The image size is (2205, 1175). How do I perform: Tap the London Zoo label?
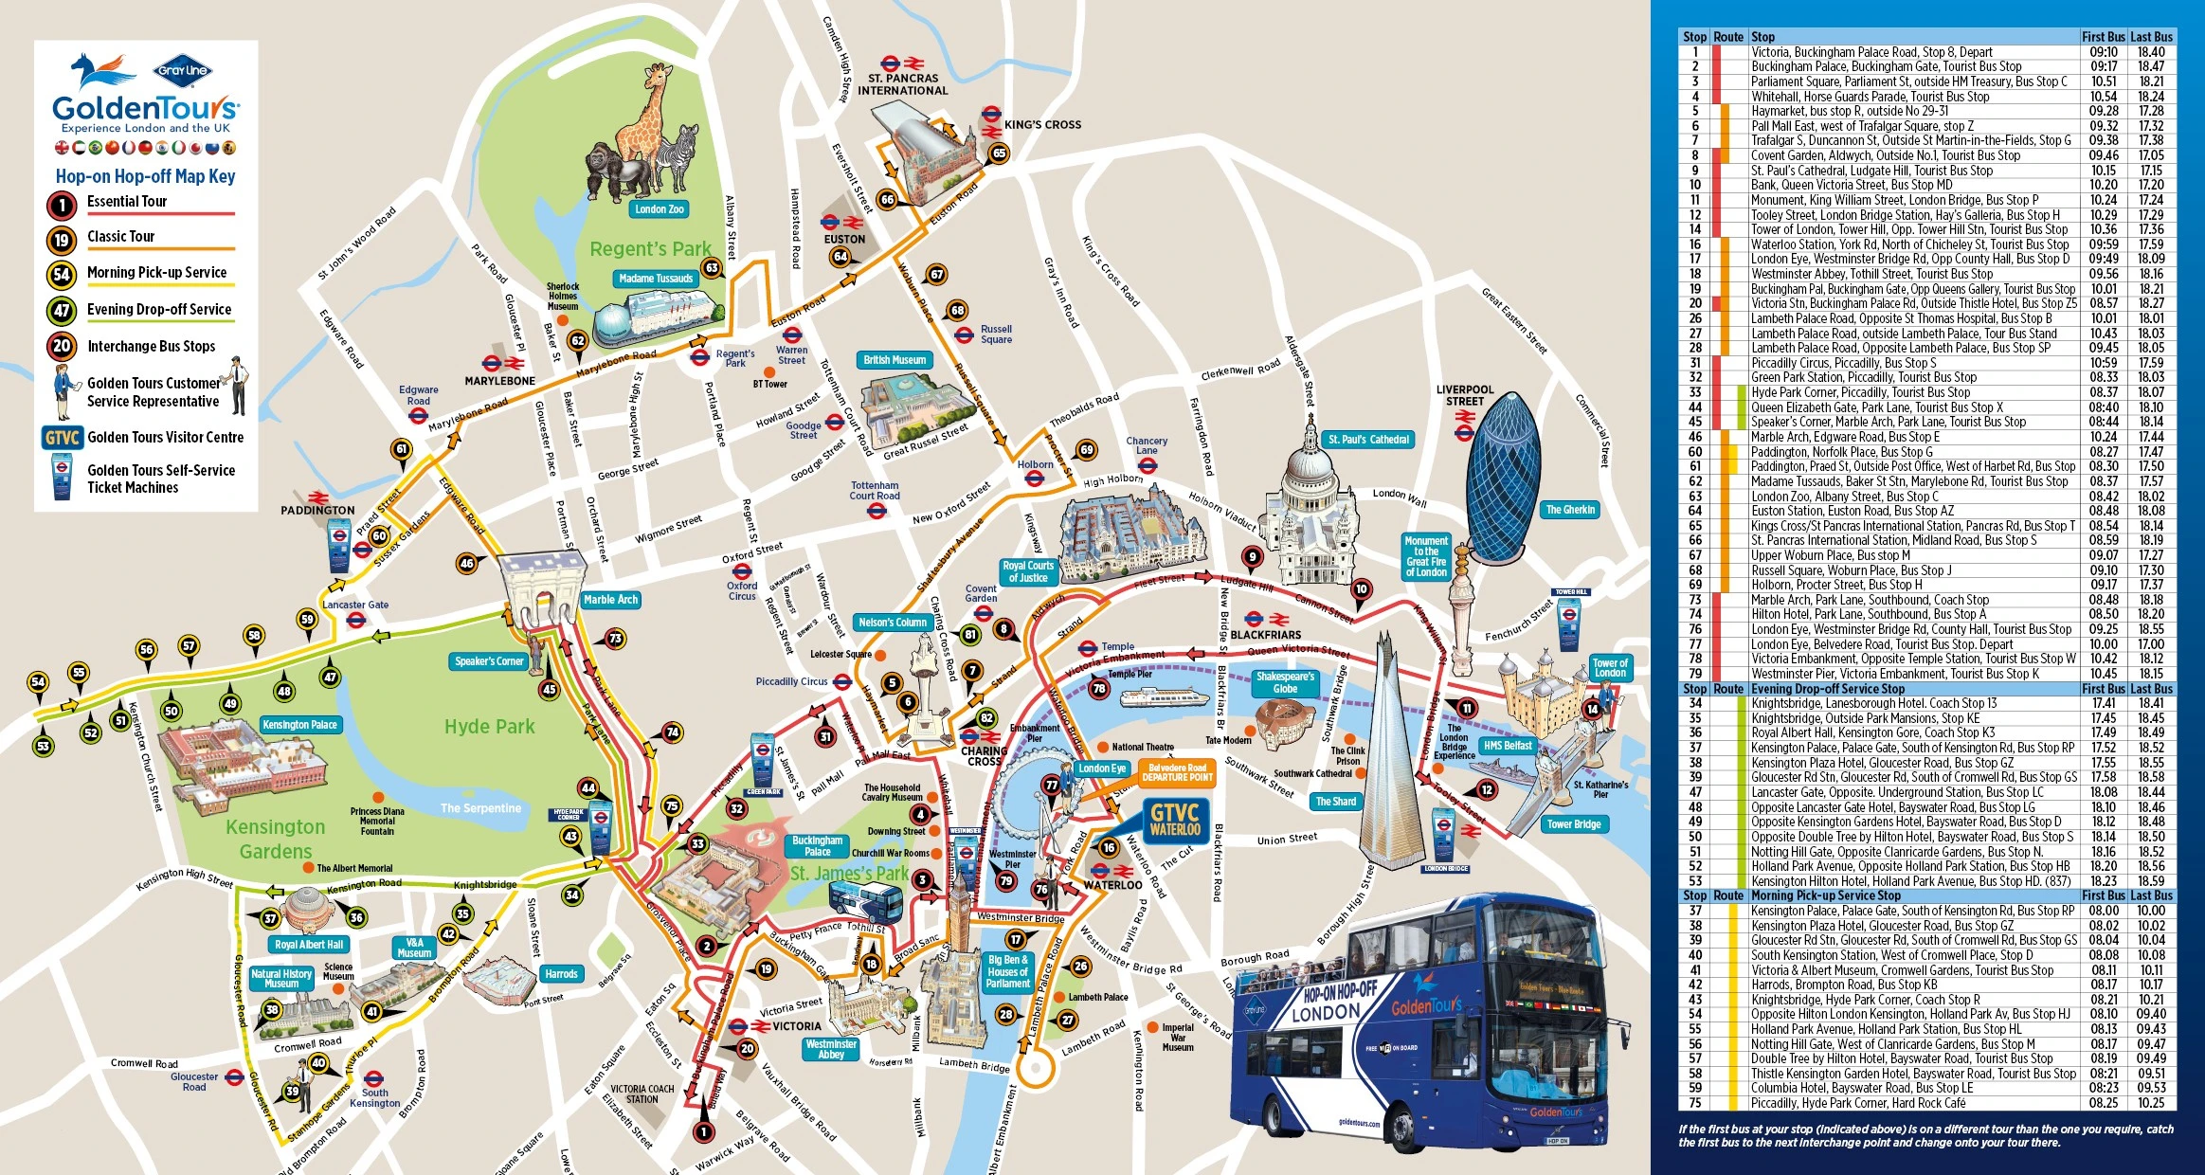659,209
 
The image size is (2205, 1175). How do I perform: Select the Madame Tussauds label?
656,279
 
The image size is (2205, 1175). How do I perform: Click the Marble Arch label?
610,600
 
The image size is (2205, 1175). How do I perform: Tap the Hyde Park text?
490,727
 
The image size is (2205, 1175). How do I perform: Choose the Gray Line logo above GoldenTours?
183,70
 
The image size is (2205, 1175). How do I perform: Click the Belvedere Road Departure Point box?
1177,772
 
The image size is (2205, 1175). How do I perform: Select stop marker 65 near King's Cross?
999,154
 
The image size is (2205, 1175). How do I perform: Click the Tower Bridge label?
1573,824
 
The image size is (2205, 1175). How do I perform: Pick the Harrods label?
561,974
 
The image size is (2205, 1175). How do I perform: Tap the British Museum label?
895,360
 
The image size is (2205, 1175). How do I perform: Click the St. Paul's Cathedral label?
1368,440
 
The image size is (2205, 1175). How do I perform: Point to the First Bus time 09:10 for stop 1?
2103,52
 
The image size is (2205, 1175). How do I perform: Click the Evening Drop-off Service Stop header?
1827,689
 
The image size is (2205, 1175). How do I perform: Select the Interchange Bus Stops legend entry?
151,347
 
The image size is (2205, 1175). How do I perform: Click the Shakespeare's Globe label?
1285,682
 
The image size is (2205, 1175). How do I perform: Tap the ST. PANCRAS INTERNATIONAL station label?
902,84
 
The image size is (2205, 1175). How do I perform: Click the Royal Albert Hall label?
309,945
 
